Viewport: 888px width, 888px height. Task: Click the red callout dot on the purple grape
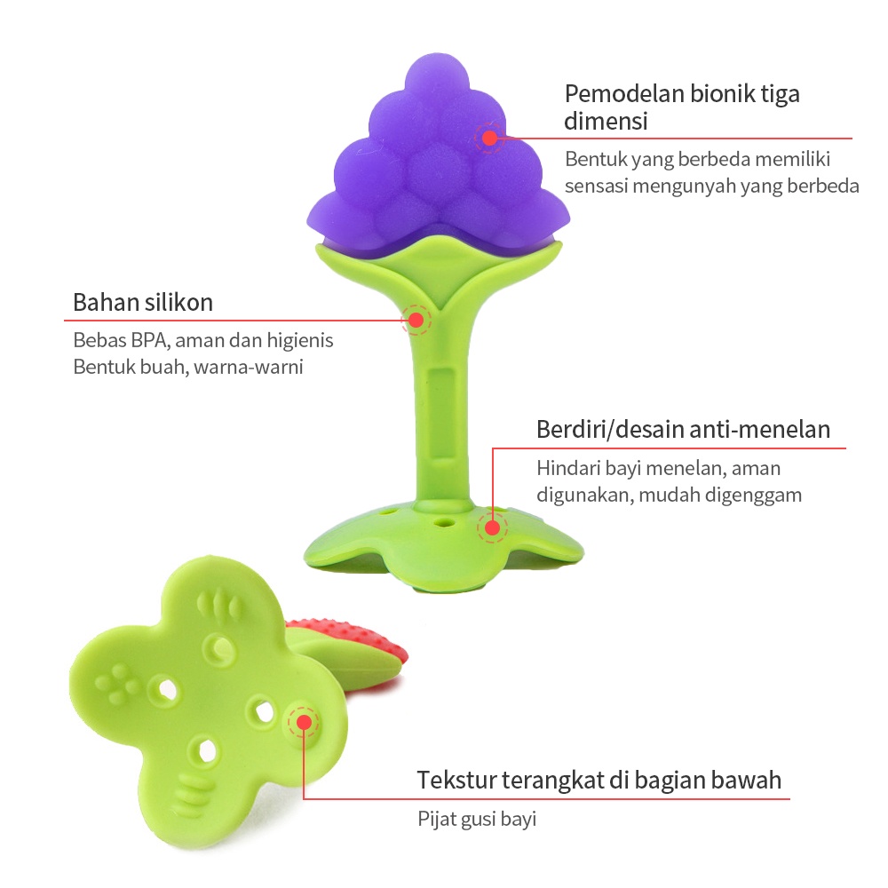[488, 138]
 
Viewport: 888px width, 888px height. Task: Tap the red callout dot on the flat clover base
[304, 722]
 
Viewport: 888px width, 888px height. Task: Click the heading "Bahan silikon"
[143, 302]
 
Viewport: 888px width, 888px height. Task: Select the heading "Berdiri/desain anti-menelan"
[683, 430]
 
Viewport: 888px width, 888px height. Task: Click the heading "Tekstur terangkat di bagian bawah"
[599, 781]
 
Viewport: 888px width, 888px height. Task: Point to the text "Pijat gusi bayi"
[477, 819]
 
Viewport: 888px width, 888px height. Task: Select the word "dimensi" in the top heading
[606, 121]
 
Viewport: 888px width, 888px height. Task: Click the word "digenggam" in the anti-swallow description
[754, 495]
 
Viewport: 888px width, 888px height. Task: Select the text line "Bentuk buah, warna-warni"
[188, 366]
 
